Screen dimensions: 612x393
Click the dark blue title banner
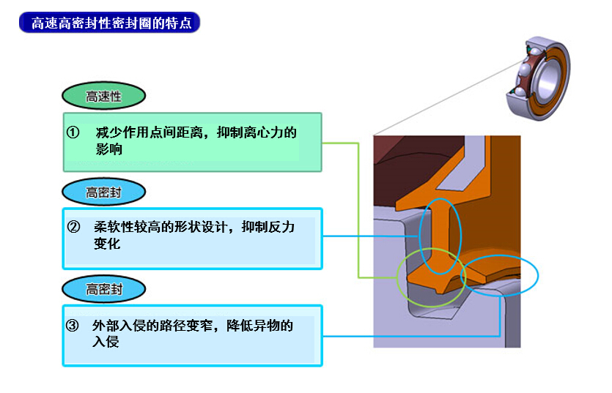[x=109, y=23]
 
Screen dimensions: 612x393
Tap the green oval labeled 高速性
[x=104, y=96]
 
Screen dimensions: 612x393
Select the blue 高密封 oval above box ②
[x=104, y=192]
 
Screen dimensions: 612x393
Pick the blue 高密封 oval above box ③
[x=104, y=289]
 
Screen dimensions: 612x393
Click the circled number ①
[x=73, y=132]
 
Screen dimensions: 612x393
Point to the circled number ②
[x=73, y=227]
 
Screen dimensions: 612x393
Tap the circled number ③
[x=73, y=325]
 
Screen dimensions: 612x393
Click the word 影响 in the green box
[x=109, y=149]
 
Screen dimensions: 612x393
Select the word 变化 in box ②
[x=107, y=244]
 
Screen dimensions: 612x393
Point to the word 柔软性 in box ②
[x=114, y=227]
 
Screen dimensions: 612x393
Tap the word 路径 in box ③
[x=173, y=326]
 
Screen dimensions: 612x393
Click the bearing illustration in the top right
[x=538, y=78]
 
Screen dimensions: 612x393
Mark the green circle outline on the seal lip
[x=398, y=277]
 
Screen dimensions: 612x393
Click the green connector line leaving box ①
[x=358, y=211]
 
